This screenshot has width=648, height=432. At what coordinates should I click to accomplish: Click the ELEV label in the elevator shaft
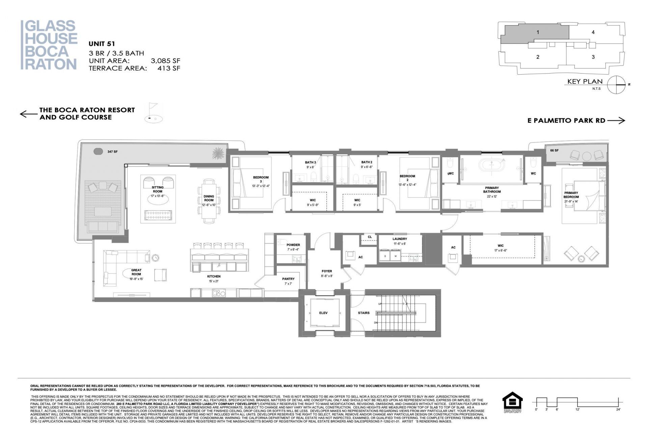click(323, 313)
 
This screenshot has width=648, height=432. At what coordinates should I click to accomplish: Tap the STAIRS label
click(363, 313)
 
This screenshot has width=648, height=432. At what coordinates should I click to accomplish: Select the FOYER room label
click(327, 271)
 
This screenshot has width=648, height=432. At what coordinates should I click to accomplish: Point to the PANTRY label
click(288, 279)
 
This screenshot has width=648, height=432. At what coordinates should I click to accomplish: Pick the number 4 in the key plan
click(593, 32)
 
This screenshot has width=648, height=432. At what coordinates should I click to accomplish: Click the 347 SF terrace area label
click(112, 152)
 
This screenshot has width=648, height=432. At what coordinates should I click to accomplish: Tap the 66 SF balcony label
click(554, 151)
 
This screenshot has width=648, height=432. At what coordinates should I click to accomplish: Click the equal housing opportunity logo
click(512, 402)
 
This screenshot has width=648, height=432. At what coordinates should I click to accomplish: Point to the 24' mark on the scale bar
click(618, 409)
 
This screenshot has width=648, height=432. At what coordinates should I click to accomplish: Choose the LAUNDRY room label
click(400, 239)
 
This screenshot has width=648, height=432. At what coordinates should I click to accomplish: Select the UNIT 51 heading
click(102, 44)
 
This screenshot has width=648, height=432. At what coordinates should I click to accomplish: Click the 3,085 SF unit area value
click(165, 61)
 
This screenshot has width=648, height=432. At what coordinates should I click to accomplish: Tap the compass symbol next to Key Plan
click(617, 84)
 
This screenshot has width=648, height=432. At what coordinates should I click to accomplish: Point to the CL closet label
click(370, 237)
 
